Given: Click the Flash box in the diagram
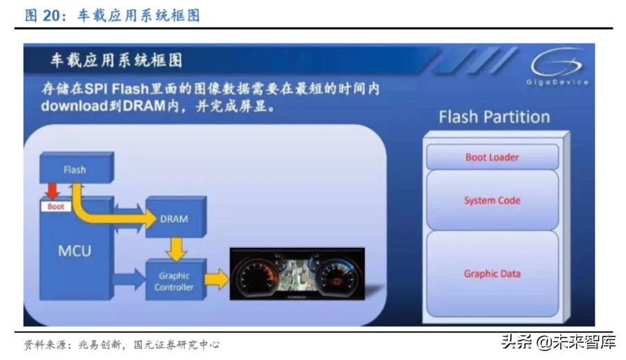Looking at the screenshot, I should pos(75,170).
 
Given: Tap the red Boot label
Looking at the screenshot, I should pos(55,206).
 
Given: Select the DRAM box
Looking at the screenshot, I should pos(174,219).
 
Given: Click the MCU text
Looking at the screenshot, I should pos(74,250).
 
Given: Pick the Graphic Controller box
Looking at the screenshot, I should pos(174,281).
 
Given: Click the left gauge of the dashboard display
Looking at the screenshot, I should pos(258,280).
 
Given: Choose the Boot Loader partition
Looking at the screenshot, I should pos(492,157).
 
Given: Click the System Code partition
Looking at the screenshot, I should pos(492,201).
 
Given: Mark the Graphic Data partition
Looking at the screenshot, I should pos(492,273).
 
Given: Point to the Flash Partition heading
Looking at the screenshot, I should pos(494,116).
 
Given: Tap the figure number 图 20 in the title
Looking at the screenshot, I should pos(41,15).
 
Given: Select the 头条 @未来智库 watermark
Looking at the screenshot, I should pos(557,341).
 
